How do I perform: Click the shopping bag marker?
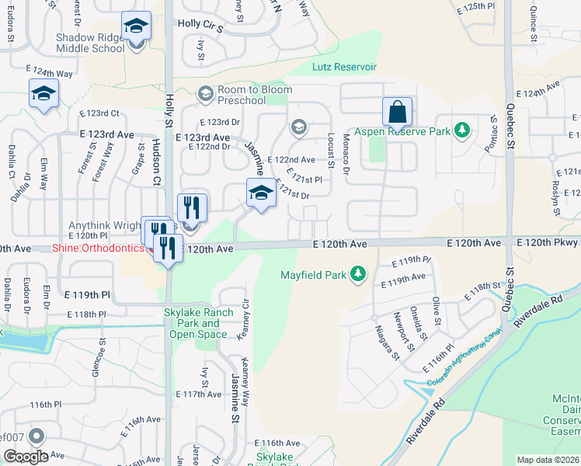397,113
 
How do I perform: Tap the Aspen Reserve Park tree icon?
462,130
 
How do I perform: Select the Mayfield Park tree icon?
357,273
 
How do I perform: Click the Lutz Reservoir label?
344,68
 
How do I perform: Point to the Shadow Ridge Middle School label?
90,42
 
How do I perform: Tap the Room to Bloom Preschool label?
252,95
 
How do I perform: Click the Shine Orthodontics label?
98,249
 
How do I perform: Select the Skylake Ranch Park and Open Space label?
201,323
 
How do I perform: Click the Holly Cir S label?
200,26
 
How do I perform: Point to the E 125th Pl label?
478,6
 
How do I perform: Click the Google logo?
26,457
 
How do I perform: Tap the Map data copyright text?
548,460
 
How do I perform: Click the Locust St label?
331,149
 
